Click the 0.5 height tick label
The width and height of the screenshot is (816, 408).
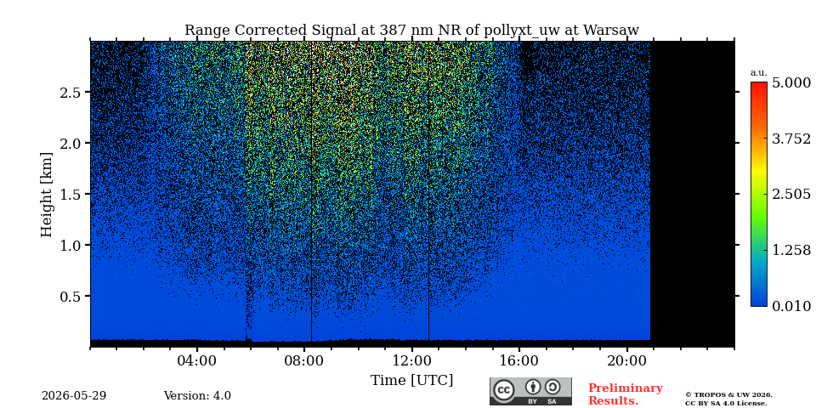(x=72, y=296)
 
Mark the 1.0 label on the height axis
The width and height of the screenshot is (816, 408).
(x=72, y=245)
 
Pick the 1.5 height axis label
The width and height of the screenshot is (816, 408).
(x=72, y=194)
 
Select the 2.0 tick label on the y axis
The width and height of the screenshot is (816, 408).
(x=72, y=143)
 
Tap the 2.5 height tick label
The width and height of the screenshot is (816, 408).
(x=72, y=92)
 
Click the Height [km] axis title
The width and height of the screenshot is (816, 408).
(x=47, y=195)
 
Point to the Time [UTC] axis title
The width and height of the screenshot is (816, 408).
(x=411, y=381)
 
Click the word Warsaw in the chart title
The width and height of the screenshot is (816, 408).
(x=611, y=31)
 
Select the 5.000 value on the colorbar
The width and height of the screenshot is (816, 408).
(x=791, y=83)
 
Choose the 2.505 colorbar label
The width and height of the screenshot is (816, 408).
(x=791, y=195)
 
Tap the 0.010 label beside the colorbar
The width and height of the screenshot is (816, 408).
(x=791, y=306)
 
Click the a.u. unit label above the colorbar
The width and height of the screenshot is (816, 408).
(x=759, y=73)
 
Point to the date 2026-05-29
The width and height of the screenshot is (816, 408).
(x=74, y=396)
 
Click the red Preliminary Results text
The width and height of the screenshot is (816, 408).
(x=626, y=394)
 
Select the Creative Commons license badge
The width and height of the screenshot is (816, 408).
(x=530, y=391)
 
